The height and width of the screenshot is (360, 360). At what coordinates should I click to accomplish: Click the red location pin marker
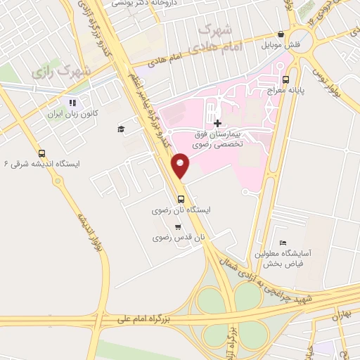(181, 165)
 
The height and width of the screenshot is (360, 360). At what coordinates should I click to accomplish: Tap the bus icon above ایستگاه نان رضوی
(182, 198)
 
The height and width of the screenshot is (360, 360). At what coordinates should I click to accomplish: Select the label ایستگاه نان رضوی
(182, 210)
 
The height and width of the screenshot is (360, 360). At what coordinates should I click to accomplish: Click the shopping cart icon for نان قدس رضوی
(179, 226)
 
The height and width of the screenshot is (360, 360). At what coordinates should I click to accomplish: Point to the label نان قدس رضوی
(179, 238)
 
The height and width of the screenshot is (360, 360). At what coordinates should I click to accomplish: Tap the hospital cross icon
(217, 122)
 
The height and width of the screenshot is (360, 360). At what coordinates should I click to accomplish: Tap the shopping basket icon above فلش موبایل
(281, 34)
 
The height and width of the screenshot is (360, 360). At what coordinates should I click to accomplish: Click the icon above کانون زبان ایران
(72, 103)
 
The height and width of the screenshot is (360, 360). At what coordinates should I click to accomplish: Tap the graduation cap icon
(121, 129)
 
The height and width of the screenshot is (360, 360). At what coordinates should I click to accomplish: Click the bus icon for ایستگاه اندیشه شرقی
(42, 153)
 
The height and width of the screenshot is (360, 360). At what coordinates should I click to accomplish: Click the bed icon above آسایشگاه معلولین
(283, 243)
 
